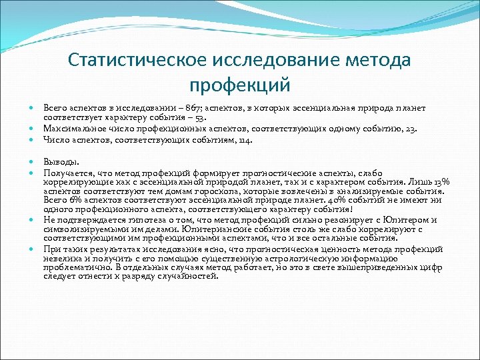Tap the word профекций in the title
pos(240,85)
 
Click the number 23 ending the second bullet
pos(412,129)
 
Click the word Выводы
pos(61,161)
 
